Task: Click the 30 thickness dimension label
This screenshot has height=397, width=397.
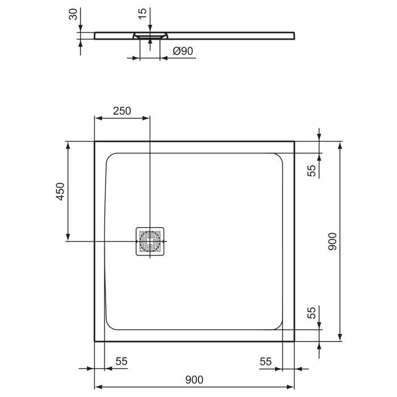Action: tap(73, 15)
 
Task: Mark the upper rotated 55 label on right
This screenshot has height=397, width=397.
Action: tap(311, 171)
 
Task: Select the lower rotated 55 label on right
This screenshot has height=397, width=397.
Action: tap(311, 313)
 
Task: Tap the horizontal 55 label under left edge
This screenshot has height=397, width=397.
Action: tap(121, 361)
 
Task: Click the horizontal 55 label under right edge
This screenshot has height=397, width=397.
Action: tap(267, 361)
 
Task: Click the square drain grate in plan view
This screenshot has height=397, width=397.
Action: tap(150, 242)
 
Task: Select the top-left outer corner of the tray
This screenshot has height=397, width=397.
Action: tap(95, 142)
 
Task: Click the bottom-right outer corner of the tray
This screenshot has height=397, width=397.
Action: tap(294, 341)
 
